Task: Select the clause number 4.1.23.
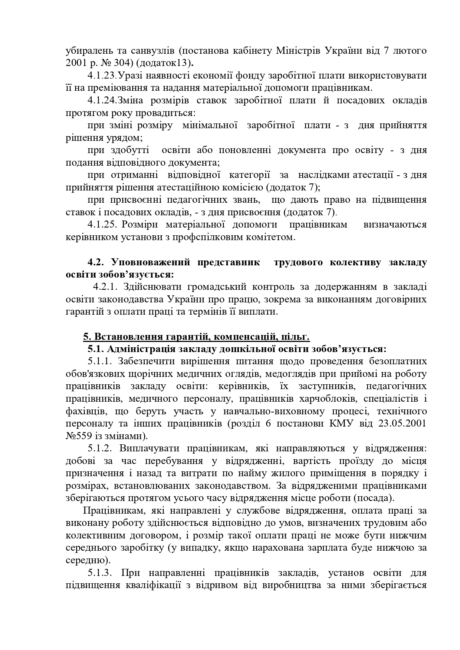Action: (x=102, y=76)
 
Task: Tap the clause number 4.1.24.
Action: (x=102, y=100)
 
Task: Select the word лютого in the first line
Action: (x=410, y=51)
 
